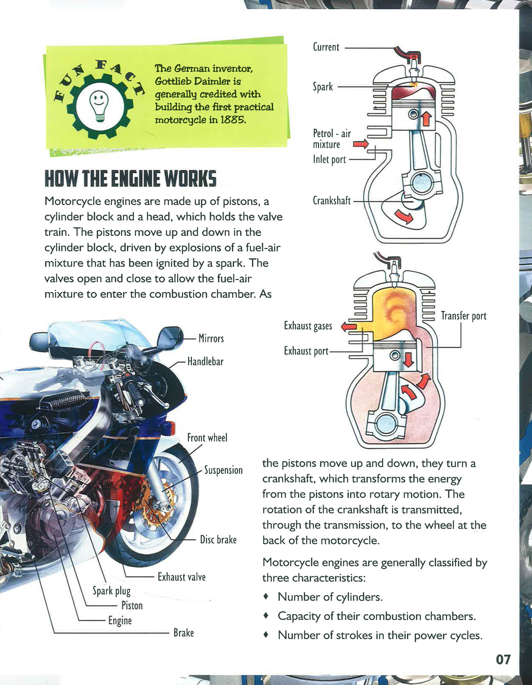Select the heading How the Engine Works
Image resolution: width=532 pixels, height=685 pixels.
pos(130,178)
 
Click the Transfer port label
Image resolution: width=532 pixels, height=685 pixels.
pos(463,316)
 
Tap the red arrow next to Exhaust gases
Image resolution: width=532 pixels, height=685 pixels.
pos(349,327)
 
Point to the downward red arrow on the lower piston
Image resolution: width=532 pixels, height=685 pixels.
pos(408,360)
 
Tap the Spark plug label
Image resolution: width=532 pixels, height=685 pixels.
pos(111,591)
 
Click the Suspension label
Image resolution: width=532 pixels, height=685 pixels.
pos(223,470)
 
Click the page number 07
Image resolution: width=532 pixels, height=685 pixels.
pos(503,660)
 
